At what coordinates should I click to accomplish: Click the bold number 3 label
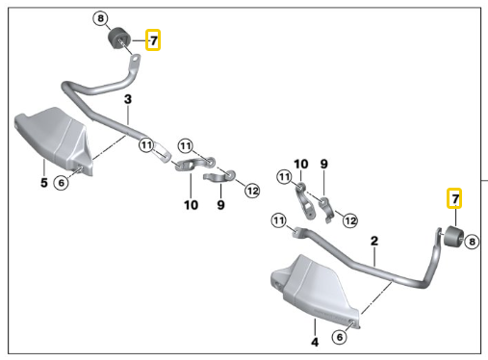[x=128, y=99]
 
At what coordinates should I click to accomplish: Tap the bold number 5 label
[x=44, y=183]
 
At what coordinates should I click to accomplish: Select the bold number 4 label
[x=315, y=342]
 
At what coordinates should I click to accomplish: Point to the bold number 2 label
[x=374, y=241]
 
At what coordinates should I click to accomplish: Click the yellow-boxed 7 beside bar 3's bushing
[x=153, y=40]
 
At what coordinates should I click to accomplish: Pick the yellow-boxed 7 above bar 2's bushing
[x=454, y=198]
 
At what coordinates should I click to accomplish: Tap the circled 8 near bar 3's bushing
[x=101, y=18]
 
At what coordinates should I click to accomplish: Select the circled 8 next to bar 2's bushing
[x=472, y=242]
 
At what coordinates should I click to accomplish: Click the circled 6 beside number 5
[x=61, y=183]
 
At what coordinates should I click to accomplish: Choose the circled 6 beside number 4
[x=340, y=337]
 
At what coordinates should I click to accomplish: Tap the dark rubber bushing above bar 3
[x=117, y=39]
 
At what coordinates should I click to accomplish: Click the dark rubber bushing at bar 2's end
[x=453, y=237]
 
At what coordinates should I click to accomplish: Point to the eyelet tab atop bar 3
[x=135, y=61]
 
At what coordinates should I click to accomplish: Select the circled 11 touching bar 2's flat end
[x=278, y=220]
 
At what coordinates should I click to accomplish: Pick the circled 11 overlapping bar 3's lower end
[x=146, y=145]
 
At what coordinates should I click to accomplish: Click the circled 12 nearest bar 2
[x=350, y=220]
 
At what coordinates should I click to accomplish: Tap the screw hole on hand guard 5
[x=79, y=167]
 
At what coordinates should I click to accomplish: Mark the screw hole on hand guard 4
[x=353, y=322]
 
